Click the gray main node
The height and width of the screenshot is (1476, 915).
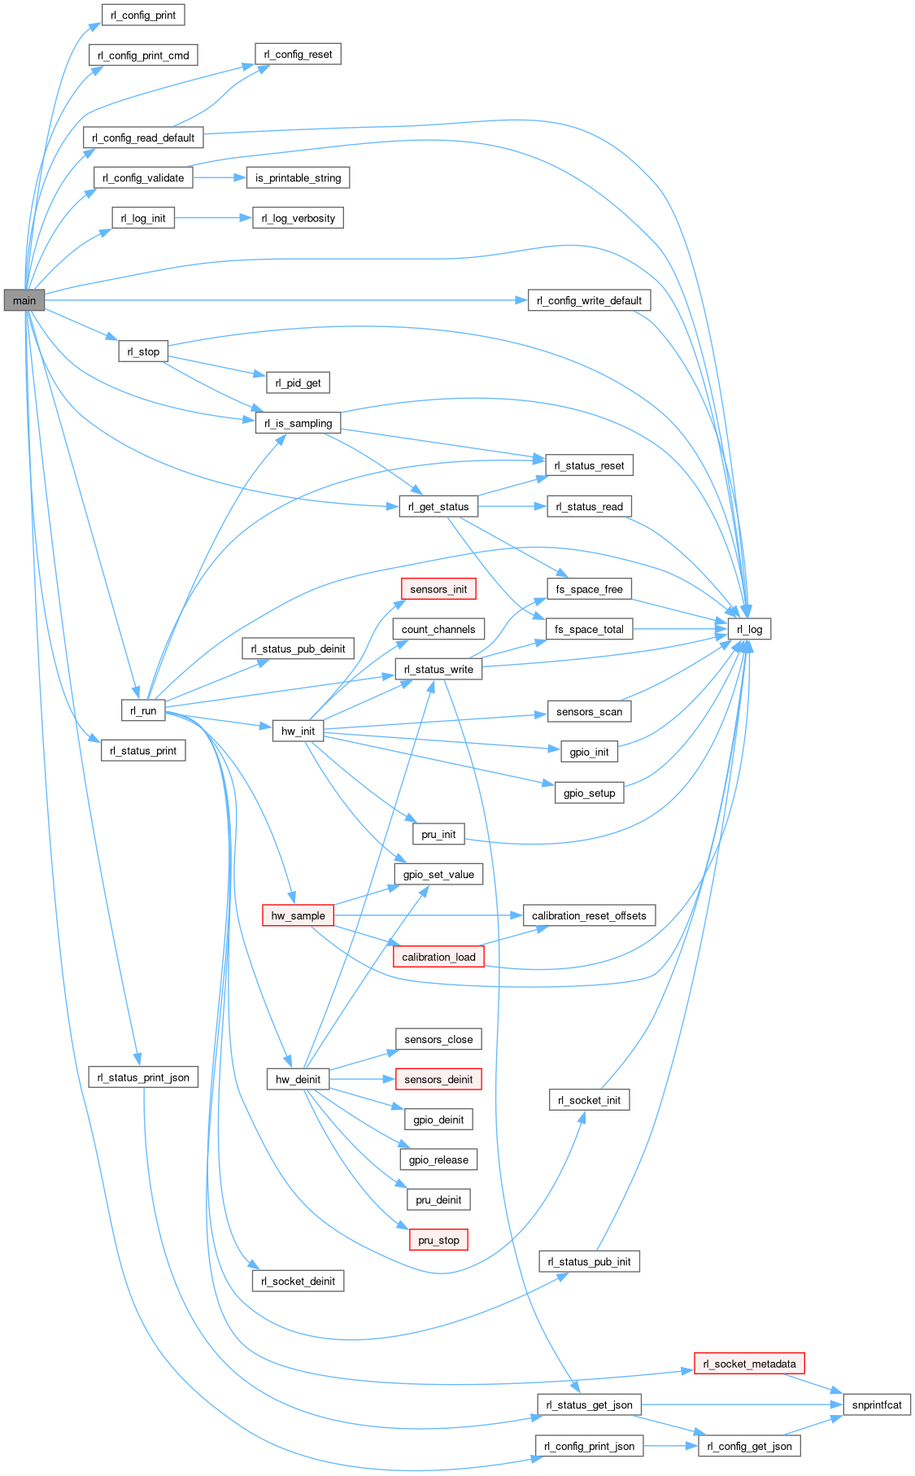pyautogui.click(x=24, y=300)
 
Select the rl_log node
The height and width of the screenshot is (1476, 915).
pyautogui.click(x=749, y=629)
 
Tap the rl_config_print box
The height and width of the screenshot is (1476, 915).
pyautogui.click(x=143, y=15)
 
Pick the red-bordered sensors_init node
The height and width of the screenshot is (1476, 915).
pyautogui.click(x=438, y=589)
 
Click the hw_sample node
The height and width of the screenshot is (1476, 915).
pyautogui.click(x=298, y=915)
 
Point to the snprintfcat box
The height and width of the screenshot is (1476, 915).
pyautogui.click(x=877, y=1404)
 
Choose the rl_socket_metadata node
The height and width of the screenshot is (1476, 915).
pyautogui.click(x=749, y=1364)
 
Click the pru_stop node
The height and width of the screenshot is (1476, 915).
pyautogui.click(x=438, y=1240)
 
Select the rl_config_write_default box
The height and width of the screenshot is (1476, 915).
pyautogui.click(x=589, y=300)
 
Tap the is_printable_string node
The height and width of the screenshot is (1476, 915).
pyautogui.click(x=298, y=177)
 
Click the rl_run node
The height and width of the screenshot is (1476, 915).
pyautogui.click(x=143, y=710)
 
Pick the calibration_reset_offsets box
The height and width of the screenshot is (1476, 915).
pyautogui.click(x=589, y=915)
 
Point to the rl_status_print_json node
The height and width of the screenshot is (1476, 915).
pyautogui.click(x=143, y=1077)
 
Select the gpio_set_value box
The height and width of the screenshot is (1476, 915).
pyautogui.click(x=438, y=874)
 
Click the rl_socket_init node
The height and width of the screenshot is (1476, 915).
pyautogui.click(x=589, y=1100)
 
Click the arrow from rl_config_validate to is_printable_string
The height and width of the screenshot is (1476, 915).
pyautogui.click(x=219, y=177)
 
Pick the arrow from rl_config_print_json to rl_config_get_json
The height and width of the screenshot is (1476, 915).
pyautogui.click(x=671, y=1446)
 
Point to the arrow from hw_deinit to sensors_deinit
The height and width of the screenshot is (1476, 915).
pyautogui.click(x=362, y=1079)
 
